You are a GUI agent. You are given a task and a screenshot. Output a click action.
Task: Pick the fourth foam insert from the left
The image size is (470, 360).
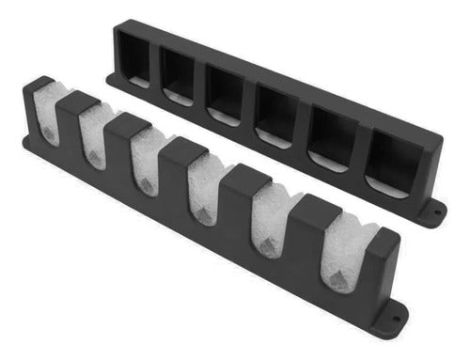[x=201, y=190]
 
